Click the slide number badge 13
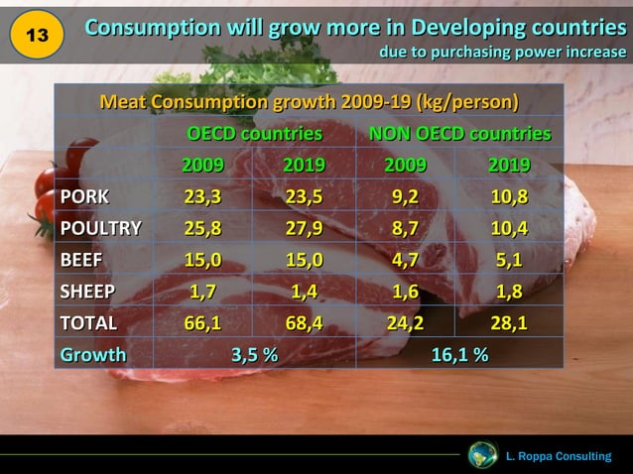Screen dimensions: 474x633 37,36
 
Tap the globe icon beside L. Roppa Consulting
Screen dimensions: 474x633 482,455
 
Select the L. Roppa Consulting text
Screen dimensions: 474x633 558,456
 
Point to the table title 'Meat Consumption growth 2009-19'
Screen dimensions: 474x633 309,102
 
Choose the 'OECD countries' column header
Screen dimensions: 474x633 255,134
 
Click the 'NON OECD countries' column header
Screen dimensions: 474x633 459,134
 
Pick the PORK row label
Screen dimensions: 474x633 84,196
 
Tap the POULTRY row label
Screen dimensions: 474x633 101,228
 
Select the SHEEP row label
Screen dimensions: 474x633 88,291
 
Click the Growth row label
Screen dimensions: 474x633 93,354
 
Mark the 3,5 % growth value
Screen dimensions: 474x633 255,354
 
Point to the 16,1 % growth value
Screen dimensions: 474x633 458,354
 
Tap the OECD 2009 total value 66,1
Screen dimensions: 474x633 202,322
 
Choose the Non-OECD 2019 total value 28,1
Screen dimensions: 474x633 509,322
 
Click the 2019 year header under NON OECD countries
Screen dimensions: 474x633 509,165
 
